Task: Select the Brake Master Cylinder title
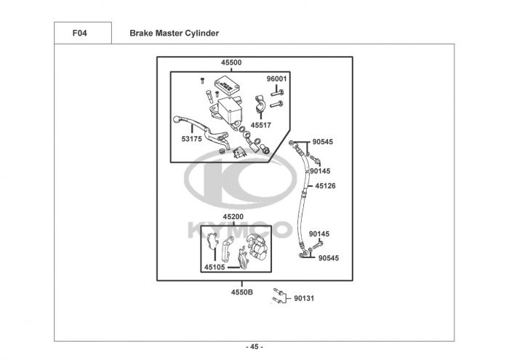pyautogui.click(x=174, y=33)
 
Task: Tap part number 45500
pyautogui.click(x=231, y=63)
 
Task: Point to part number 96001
pyautogui.click(x=276, y=79)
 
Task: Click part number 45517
pyautogui.click(x=261, y=125)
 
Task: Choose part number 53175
pyautogui.click(x=192, y=138)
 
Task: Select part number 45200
pyautogui.click(x=233, y=217)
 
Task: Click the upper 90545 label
pyautogui.click(x=323, y=142)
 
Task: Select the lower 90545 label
pyautogui.click(x=328, y=258)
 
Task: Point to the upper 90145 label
pyautogui.click(x=320, y=171)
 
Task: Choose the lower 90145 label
pyautogui.click(x=318, y=234)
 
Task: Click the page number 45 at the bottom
pyautogui.click(x=254, y=346)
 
